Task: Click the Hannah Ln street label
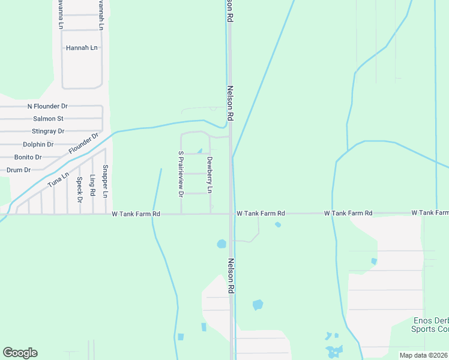[x=82, y=47]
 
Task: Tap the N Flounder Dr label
[x=47, y=106]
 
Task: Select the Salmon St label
[x=48, y=119]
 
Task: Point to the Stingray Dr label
[x=47, y=131]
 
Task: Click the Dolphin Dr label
[x=38, y=145]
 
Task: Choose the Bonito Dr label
[x=28, y=157]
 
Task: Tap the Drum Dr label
[x=19, y=170]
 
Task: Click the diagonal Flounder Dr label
[x=83, y=143]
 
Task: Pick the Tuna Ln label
[x=58, y=181]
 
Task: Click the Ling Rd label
[x=92, y=185]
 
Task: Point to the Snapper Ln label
[x=105, y=181]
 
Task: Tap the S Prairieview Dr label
[x=179, y=174]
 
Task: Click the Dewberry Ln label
[x=209, y=175]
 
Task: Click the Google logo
[x=20, y=353]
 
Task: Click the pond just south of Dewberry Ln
[x=221, y=244]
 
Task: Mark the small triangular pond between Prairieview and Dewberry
[x=199, y=151]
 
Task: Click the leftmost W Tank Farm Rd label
[x=136, y=214]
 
